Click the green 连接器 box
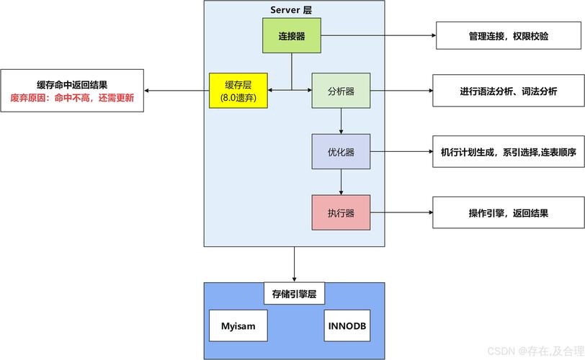pyautogui.click(x=291, y=35)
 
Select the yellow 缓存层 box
pyautogui.click(x=238, y=91)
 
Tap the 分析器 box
pyautogui.click(x=341, y=91)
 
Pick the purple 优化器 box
pyautogui.click(x=341, y=152)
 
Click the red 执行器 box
pyautogui.click(x=341, y=212)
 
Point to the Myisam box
pyautogui.click(x=237, y=327)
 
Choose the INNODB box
pyautogui.click(x=347, y=327)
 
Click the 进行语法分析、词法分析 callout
pyautogui.click(x=508, y=91)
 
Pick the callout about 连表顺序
pyautogui.click(x=508, y=152)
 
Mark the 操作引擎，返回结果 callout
pyautogui.click(x=508, y=213)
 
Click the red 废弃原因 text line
pyautogui.click(x=72, y=98)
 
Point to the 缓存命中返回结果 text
pyautogui.click(x=72, y=84)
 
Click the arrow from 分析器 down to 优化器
pyautogui.click(x=341, y=121)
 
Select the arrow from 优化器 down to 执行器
pyautogui.click(x=341, y=182)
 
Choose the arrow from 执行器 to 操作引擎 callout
pyautogui.click(x=401, y=213)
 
